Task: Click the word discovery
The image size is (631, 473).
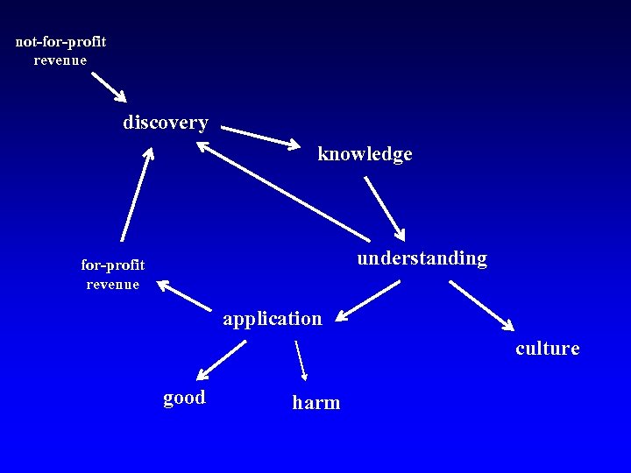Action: coord(166,123)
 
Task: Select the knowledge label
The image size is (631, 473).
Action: coord(365,154)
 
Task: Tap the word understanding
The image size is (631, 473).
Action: coord(422,258)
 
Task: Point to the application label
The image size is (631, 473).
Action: coord(273,319)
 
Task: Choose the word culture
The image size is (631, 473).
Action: coord(548,349)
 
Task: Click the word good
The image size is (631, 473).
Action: coord(184,398)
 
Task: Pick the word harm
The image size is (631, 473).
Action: coord(316,403)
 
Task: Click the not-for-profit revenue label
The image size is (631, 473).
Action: coord(60,51)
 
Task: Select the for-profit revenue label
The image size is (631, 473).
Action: coord(113,273)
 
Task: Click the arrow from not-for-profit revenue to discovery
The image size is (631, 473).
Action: coord(109,87)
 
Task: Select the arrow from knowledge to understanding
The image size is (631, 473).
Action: coord(384,208)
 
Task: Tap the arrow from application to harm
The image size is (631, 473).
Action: coord(301,360)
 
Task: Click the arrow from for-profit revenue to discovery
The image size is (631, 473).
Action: coord(136,194)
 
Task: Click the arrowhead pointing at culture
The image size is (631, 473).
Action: coord(509,326)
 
